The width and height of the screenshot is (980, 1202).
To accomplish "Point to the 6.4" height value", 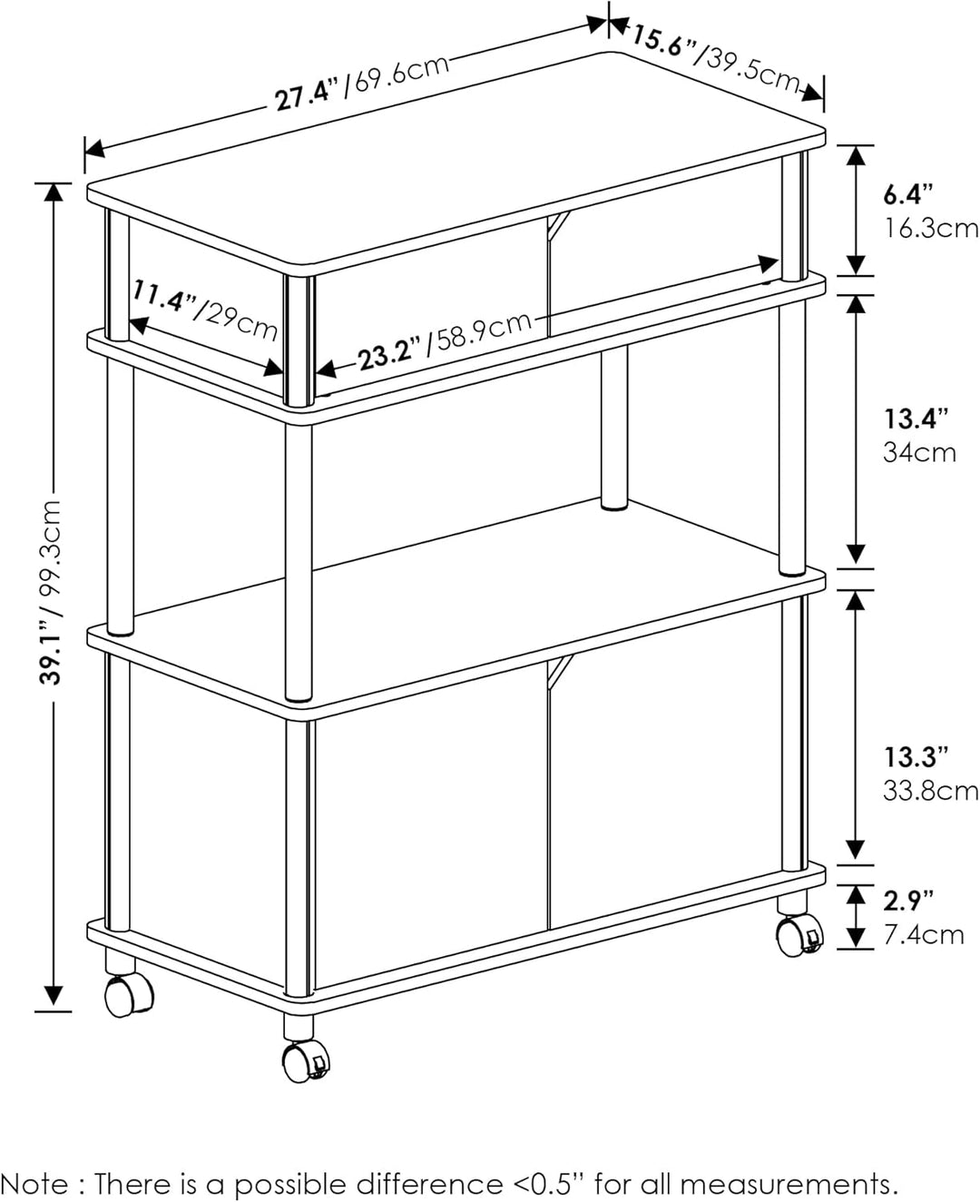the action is point(908,195).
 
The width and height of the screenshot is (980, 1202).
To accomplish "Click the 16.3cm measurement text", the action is point(930,229).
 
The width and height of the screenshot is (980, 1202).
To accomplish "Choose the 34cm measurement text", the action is point(919,453).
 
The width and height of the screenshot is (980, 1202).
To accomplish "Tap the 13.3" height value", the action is point(916,757).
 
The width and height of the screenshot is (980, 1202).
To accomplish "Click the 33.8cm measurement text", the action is point(930,792).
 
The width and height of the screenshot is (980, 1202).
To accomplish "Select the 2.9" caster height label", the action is point(908,901).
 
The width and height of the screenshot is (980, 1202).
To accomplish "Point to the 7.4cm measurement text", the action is point(923,935).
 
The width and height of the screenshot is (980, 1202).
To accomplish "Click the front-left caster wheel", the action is point(130,994).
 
